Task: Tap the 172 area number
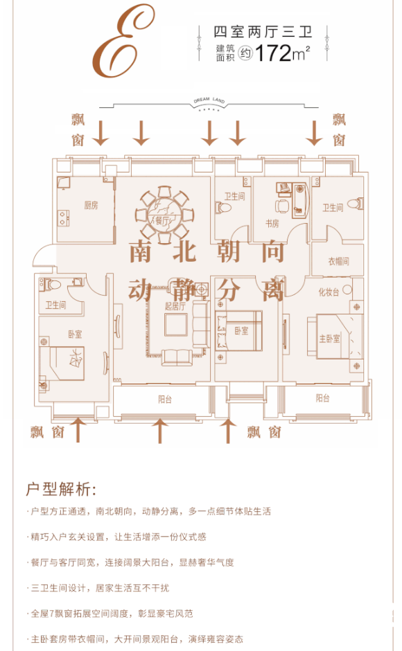[273, 53]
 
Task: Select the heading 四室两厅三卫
[262, 32]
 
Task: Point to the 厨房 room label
[91, 205]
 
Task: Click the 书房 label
[272, 224]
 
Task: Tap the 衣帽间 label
[338, 261]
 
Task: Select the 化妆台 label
[329, 292]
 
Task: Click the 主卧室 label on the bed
[329, 339]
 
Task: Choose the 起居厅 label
[175, 306]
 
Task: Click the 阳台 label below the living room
[165, 400]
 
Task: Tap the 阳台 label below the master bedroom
[322, 398]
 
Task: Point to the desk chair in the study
[282, 206]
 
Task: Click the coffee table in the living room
[175, 325]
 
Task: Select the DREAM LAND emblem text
[209, 100]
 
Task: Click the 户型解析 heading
[61, 490]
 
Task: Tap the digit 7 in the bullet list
[51, 614]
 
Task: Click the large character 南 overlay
[141, 251]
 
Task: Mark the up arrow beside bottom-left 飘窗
[78, 430]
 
